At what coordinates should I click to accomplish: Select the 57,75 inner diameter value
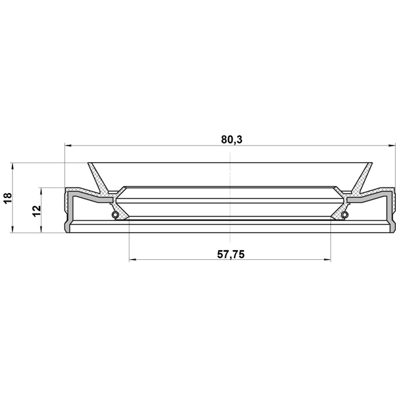point(230,254)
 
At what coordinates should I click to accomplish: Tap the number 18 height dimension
point(7,198)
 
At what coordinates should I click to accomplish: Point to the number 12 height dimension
point(36,210)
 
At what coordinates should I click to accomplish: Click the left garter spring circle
point(114,215)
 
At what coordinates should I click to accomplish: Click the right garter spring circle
point(344,215)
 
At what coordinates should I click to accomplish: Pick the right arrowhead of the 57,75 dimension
point(327,260)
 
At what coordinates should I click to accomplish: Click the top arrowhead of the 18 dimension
point(12,166)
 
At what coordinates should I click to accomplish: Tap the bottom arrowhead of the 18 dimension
point(12,230)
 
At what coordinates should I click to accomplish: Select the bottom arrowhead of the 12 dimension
point(41,230)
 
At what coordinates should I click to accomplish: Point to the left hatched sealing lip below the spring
point(123,214)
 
